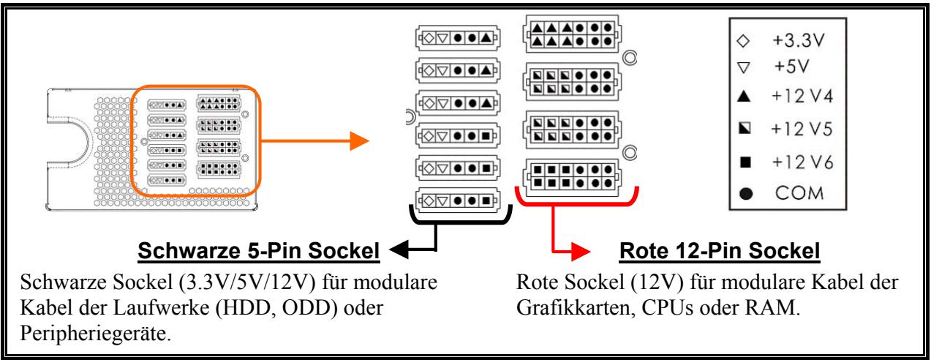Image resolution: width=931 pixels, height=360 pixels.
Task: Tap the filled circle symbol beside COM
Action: point(743,193)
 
